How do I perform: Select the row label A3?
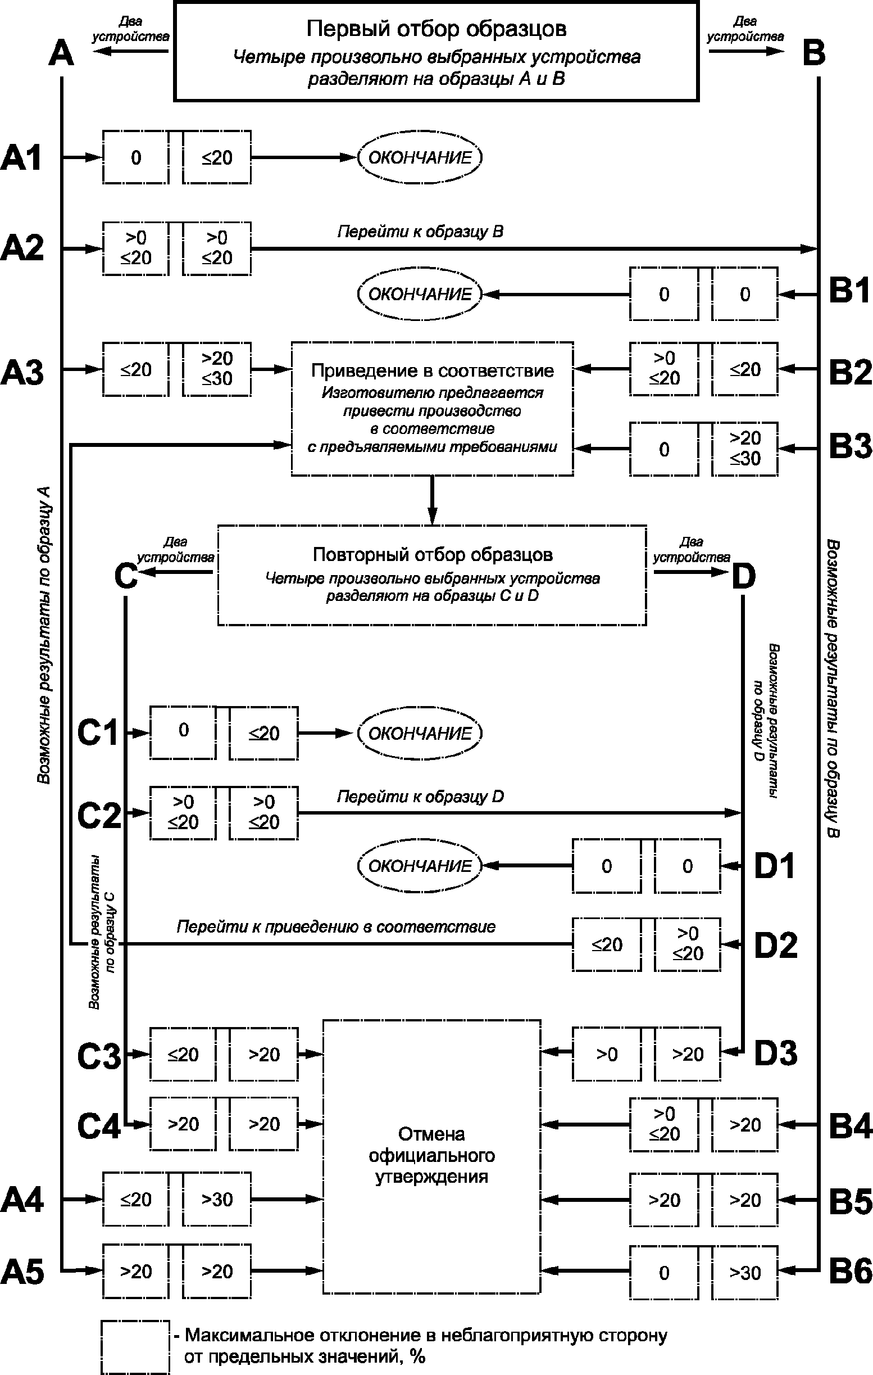coord(22,372)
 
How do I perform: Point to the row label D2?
coord(775,945)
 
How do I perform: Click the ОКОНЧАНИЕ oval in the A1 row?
coord(420,157)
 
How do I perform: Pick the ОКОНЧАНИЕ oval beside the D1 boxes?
coord(420,866)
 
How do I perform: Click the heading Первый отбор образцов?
coord(436,29)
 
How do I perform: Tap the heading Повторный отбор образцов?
coord(433,554)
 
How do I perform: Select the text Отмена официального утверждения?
coord(431,1155)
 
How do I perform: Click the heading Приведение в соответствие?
coord(433,370)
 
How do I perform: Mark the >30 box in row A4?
coord(217,1200)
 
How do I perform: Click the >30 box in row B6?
coord(744,1273)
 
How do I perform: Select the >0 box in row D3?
coord(607,1054)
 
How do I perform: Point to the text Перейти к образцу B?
coord(420,232)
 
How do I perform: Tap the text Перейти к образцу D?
coord(420,797)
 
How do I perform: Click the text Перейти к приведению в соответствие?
coord(336,926)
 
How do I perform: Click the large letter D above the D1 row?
coord(743,577)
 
